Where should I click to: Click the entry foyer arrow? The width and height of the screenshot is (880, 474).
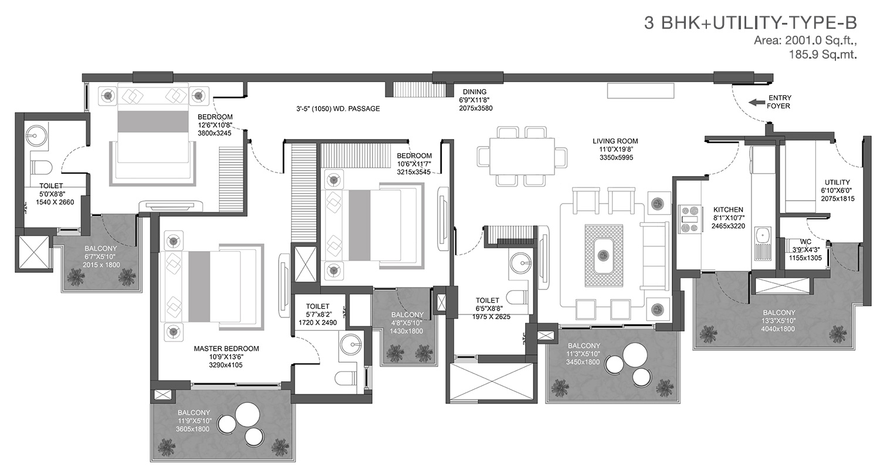tap(756, 103)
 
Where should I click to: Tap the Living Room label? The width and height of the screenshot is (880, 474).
tap(615, 141)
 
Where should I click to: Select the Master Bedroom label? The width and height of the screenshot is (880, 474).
tap(226, 348)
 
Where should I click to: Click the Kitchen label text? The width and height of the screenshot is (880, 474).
tap(728, 209)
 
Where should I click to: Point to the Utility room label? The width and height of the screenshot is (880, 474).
tap(837, 182)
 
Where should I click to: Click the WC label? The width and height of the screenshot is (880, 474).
tap(805, 242)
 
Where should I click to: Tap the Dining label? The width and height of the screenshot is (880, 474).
tap(474, 92)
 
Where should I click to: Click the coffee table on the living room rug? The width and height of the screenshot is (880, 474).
tap(604, 256)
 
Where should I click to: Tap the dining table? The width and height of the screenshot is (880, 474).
tap(522, 156)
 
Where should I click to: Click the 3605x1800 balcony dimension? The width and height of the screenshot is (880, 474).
tap(192, 429)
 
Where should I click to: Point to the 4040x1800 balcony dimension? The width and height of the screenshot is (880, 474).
tap(779, 329)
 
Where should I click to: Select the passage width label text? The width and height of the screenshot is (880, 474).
tap(338, 109)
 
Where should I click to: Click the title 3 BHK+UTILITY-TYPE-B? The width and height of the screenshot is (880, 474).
tap(750, 23)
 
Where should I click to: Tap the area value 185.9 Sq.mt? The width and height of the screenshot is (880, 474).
tap(823, 55)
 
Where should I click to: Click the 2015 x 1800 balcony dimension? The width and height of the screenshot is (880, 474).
tap(101, 265)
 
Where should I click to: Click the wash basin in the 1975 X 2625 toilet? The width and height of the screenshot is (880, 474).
tap(520, 262)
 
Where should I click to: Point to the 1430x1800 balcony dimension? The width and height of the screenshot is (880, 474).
tap(406, 331)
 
